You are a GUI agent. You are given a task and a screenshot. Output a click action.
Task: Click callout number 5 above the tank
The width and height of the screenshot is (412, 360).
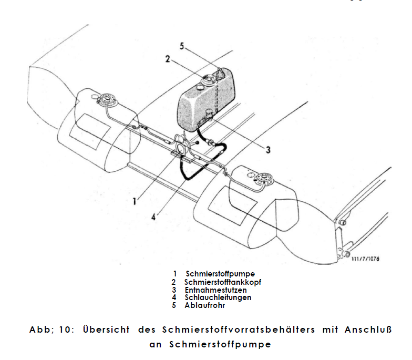pyautogui.click(x=182, y=46)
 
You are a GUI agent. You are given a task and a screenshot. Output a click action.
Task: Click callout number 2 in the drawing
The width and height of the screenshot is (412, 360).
pyautogui.click(x=168, y=59)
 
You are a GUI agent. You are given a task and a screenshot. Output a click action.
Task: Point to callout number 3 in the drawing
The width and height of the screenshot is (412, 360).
pyautogui.click(x=268, y=150)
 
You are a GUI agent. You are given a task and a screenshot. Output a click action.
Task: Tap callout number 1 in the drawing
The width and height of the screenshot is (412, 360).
pyautogui.click(x=135, y=202)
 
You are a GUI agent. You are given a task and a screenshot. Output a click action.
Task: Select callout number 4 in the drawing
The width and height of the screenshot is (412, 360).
pyautogui.click(x=153, y=217)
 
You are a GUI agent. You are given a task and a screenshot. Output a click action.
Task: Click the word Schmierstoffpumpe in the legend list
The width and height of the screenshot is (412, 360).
pyautogui.click(x=220, y=274)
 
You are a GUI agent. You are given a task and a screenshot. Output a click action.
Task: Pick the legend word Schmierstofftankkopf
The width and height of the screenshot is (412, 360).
pyautogui.click(x=223, y=282)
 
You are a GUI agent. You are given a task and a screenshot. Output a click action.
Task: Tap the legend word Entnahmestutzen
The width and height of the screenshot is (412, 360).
pyautogui.click(x=215, y=290)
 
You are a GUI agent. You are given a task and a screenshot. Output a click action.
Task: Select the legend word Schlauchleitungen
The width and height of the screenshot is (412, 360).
pyautogui.click(x=218, y=297)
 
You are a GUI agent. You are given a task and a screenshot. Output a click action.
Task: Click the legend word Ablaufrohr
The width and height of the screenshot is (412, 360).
pyautogui.click(x=205, y=305)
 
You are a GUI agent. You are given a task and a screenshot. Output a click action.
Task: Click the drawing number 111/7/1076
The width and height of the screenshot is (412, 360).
pyautogui.click(x=366, y=259)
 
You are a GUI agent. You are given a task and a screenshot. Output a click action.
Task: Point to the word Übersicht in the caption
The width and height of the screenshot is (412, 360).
pyautogui.click(x=106, y=329)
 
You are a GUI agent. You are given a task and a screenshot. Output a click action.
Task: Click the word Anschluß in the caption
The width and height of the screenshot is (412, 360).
pyautogui.click(x=368, y=329)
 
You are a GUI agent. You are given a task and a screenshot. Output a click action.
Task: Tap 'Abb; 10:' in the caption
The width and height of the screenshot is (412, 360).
pyautogui.click(x=51, y=330)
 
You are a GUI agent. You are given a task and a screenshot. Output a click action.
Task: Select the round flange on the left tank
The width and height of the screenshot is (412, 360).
pyautogui.click(x=107, y=100)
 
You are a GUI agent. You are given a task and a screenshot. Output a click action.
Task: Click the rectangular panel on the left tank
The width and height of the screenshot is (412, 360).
pyautogui.click(x=90, y=132)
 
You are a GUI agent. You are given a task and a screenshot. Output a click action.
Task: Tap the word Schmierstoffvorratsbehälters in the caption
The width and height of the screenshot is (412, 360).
pyautogui.click(x=239, y=329)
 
